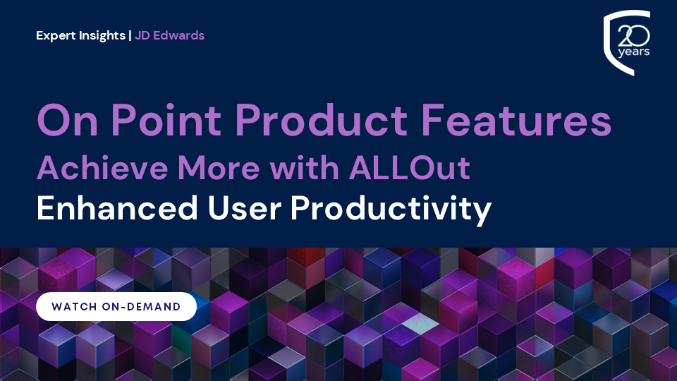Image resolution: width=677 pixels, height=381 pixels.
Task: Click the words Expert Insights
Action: [80, 35]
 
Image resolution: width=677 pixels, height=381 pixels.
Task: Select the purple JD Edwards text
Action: [170, 35]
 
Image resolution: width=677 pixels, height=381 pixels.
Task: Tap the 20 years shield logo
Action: [627, 42]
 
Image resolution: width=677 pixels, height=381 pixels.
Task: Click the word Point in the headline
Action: [166, 120]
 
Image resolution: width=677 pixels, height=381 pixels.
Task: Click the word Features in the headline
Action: [516, 120]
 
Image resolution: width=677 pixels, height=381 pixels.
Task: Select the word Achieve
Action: [102, 168]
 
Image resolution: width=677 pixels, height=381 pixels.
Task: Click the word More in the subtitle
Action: [219, 168]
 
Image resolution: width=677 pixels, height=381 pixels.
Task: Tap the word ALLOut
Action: [410, 168]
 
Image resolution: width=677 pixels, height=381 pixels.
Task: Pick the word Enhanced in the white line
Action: [117, 208]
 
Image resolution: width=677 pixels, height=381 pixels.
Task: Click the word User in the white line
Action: [245, 209]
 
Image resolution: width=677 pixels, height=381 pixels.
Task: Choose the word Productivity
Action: [391, 210]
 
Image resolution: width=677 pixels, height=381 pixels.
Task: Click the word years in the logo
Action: [634, 52]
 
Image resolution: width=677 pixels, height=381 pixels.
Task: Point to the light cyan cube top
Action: [419, 322]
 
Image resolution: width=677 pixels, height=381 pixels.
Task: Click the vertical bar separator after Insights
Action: [130, 35]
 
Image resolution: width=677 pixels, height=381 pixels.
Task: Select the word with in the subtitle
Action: [305, 168]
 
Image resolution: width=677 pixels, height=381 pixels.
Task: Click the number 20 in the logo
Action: [634, 35]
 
